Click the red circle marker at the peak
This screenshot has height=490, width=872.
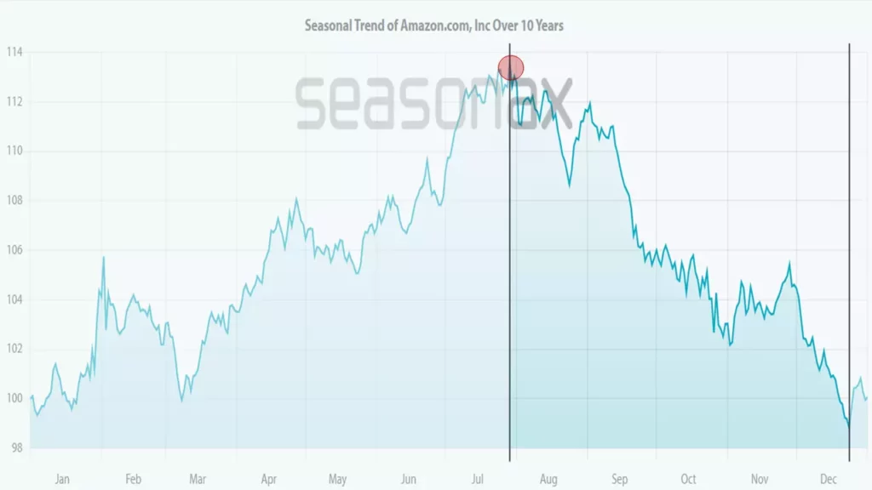click(x=511, y=67)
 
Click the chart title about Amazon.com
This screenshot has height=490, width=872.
click(x=434, y=26)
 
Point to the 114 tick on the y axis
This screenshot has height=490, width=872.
click(x=15, y=53)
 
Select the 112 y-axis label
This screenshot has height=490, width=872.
click(x=15, y=102)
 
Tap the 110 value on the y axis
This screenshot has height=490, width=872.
click(x=15, y=151)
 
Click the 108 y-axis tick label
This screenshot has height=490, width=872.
click(x=15, y=201)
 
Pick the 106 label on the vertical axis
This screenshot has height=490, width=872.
click(x=15, y=250)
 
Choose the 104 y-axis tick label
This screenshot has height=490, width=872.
click(x=15, y=299)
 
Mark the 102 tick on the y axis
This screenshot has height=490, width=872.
click(x=15, y=349)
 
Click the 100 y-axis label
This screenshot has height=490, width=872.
click(x=15, y=398)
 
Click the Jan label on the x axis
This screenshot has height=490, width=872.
click(x=62, y=479)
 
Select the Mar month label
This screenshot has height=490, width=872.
click(x=198, y=479)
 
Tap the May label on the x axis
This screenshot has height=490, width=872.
click(x=337, y=479)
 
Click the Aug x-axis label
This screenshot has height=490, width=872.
click(x=549, y=479)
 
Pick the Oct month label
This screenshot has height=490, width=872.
click(x=688, y=479)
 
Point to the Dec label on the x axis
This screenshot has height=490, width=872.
click(x=829, y=479)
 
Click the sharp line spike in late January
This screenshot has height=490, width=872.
click(x=103, y=257)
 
